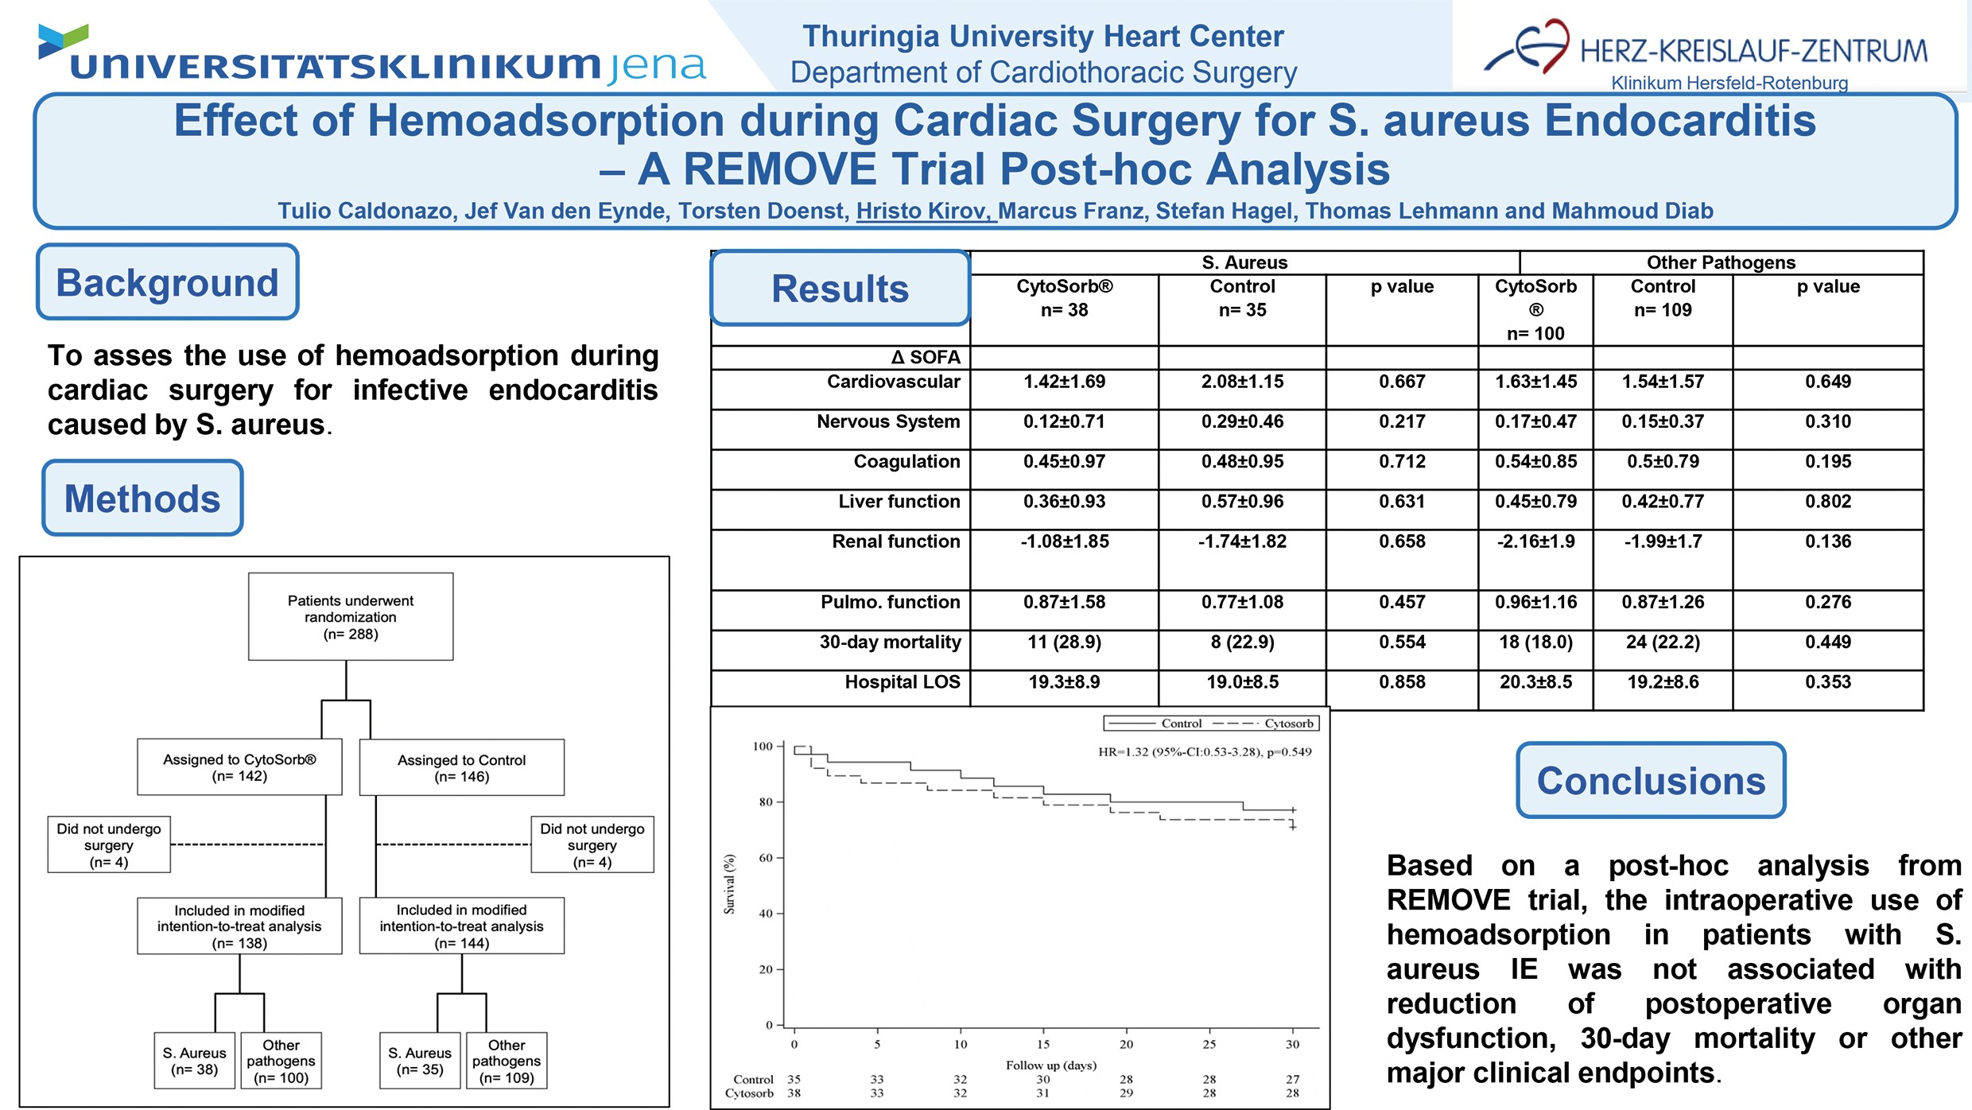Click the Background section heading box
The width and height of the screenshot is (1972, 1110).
tap(167, 282)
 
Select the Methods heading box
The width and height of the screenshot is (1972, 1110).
tap(142, 499)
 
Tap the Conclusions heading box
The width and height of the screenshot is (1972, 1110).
tap(1651, 781)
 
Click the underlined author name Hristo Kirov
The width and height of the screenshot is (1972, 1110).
tap(925, 211)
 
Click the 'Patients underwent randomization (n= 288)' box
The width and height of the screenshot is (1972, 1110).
tap(351, 617)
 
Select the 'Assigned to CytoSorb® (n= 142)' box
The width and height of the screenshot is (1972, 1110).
tap(239, 767)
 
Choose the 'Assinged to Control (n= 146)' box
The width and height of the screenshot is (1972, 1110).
tap(461, 767)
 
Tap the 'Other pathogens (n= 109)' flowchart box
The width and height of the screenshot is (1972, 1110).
tap(507, 1061)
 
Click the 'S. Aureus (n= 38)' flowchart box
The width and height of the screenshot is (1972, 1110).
tap(195, 1061)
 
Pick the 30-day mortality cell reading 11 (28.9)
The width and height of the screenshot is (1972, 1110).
tap(1064, 642)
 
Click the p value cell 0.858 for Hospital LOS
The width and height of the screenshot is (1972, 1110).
tap(1402, 682)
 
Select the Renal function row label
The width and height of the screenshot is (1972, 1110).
tap(895, 541)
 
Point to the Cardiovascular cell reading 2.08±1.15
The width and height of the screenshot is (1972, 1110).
tap(1242, 382)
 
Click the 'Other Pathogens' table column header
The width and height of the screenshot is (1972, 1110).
tap(1721, 262)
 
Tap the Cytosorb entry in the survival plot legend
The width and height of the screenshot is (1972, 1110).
tap(1288, 724)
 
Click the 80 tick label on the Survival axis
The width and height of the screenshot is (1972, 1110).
tap(765, 802)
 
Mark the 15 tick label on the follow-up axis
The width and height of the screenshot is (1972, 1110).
tap(1043, 1044)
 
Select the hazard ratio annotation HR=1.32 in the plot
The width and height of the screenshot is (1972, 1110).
tap(1204, 751)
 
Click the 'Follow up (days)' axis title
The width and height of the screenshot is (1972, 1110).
tap(1050, 1065)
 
